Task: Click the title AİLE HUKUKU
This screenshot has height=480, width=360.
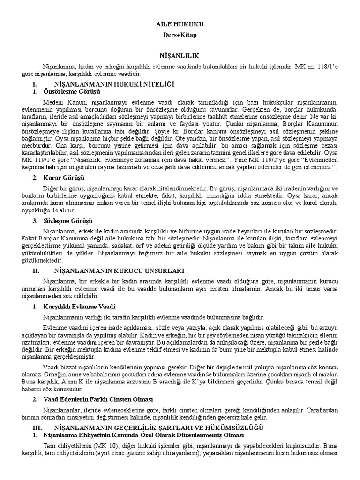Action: pyautogui.click(x=180, y=24)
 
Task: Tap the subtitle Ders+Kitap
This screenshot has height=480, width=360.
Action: pyautogui.click(x=180, y=35)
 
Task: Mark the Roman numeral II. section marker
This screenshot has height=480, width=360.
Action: pyautogui.click(x=35, y=270)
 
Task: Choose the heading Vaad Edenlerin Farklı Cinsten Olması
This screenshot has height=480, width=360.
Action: pyautogui.click(x=97, y=399)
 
